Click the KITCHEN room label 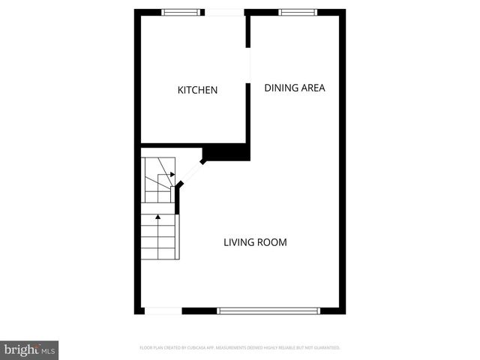tap(197, 90)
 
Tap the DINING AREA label tap(294, 88)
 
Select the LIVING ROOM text tap(255, 242)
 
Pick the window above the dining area tap(292, 12)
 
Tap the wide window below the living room tap(268, 310)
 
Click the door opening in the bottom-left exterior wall tap(163, 310)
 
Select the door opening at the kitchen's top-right tap(224, 12)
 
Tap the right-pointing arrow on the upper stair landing tap(172, 174)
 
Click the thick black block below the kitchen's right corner tap(226, 151)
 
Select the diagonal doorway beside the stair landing tap(190, 174)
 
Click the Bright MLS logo tap(29, 350)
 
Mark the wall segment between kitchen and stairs tap(172, 144)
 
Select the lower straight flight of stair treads tap(159, 236)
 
